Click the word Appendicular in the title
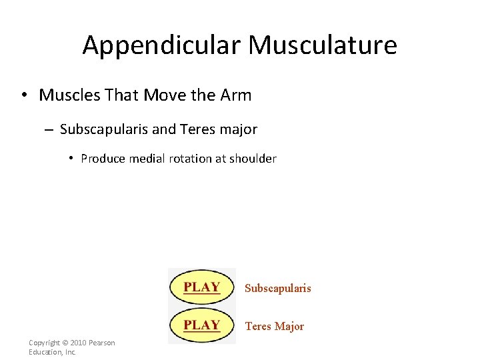[x=162, y=45]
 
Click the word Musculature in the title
[x=323, y=45]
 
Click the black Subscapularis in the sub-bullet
[x=104, y=129]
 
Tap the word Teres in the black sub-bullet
[x=197, y=129]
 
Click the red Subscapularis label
[x=277, y=289]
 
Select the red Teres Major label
[x=274, y=327]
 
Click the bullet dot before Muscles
[x=23, y=95]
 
